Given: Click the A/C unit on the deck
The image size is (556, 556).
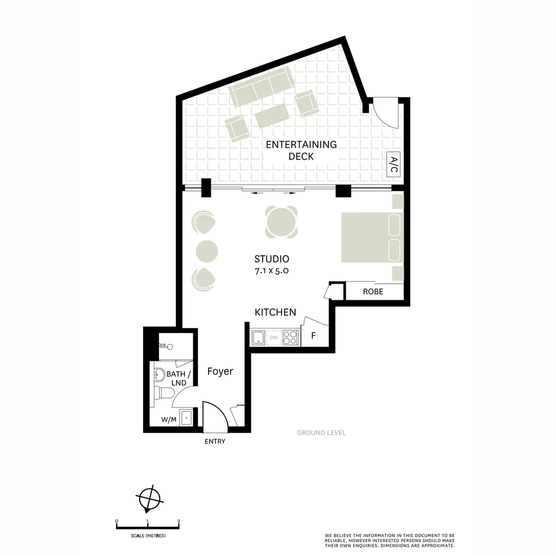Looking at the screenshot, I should [393, 165].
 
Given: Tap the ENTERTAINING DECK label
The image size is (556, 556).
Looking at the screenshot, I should [301, 150].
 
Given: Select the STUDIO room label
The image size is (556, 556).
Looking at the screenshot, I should [271, 259].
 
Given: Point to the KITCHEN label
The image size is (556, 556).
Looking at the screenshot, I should [275, 312].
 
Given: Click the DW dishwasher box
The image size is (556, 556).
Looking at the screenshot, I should [273, 338].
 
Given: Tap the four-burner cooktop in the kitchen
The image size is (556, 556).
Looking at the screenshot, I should [290, 338].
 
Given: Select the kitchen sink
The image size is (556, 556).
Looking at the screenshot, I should [257, 338].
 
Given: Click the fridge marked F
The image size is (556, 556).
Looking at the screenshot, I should [313, 338].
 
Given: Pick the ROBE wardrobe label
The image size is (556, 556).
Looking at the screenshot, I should [373, 291].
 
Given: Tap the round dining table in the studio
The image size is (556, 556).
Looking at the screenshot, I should [282, 222].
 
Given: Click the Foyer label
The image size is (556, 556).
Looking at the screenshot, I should [220, 371].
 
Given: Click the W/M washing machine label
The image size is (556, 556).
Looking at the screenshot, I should [168, 420].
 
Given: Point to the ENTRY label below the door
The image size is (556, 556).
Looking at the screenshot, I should [215, 441].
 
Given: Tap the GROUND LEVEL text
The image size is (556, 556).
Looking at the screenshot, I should [321, 433].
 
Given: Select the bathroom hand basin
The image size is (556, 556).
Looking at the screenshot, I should [160, 375].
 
